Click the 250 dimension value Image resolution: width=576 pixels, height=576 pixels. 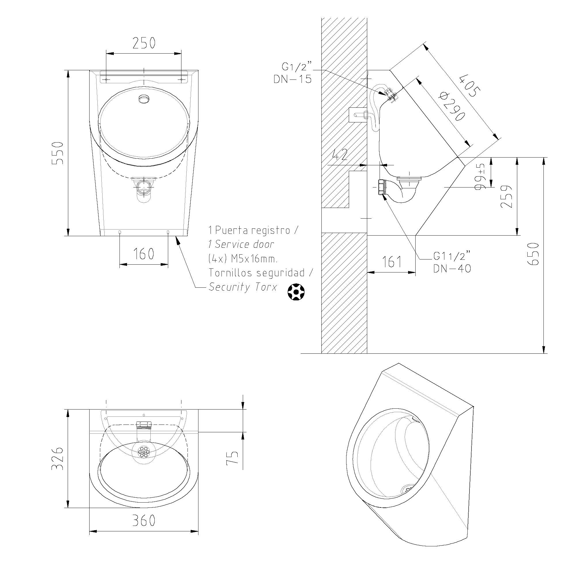point(144,43)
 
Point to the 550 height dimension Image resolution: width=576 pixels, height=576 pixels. point(58,153)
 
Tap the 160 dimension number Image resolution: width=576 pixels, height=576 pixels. point(143,254)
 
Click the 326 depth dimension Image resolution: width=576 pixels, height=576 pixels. point(58,459)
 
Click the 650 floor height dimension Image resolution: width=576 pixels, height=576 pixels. point(533,254)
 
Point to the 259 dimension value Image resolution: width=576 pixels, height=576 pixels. point(506,196)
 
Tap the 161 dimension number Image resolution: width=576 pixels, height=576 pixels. point(392,262)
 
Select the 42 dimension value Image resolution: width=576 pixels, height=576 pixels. point(340,154)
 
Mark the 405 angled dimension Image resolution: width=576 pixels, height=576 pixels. point(470,86)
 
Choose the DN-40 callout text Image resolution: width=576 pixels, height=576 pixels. point(452,269)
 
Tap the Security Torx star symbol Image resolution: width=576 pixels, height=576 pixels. point(296,291)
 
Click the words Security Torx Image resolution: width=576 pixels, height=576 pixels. point(243,287)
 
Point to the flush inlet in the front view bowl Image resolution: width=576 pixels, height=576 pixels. point(144,98)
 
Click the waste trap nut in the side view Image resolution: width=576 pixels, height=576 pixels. point(381,187)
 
